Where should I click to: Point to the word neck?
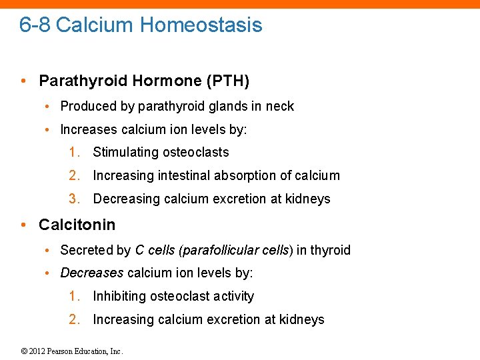click(279, 107)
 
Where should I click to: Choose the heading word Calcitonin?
click(77, 225)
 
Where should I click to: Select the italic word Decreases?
click(91, 273)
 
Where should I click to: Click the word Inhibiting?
click(119, 297)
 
